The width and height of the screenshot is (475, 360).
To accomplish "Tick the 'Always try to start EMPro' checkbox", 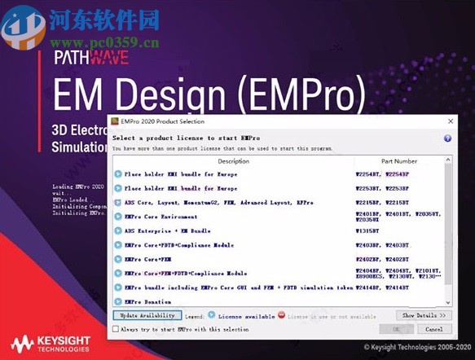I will coord(116,329).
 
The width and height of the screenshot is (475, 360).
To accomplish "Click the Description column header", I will coord(234,161).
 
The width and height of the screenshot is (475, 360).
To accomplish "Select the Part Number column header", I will coord(398,161).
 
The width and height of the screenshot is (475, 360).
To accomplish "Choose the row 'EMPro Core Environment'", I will coord(160,217).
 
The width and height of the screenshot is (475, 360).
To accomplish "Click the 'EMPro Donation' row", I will coord(148,301).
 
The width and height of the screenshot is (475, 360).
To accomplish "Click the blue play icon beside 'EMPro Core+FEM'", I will coord(118,259).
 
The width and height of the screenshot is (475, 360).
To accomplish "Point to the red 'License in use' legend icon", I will coord(281,315).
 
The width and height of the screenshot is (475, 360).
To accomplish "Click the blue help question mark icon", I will coord(447,138).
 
